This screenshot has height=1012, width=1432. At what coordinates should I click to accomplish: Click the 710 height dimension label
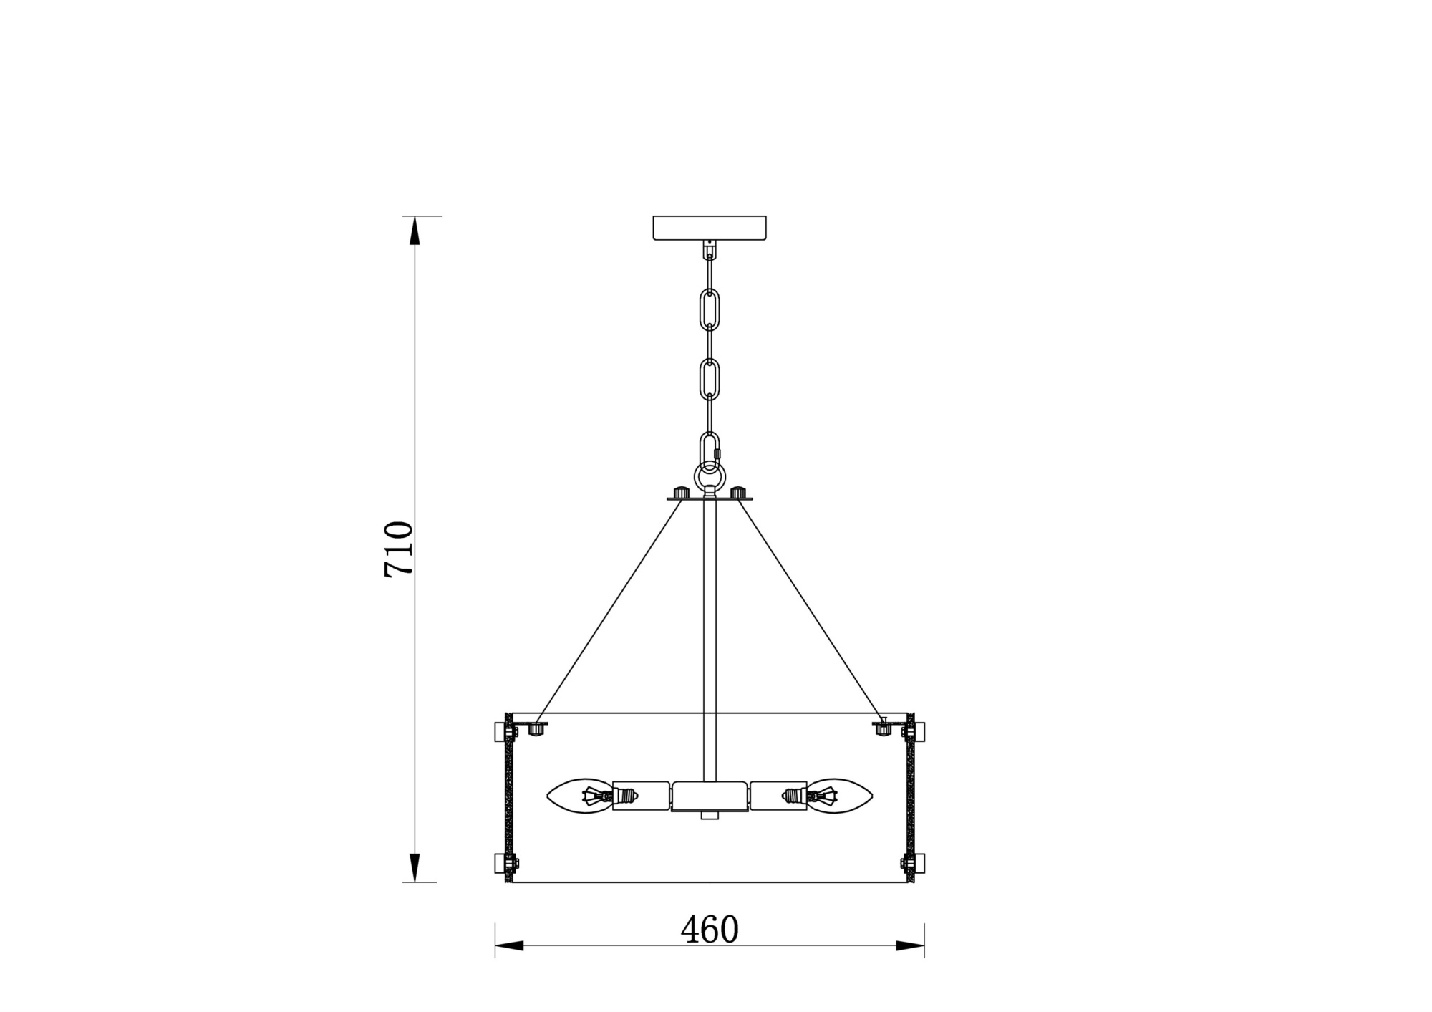(x=399, y=549)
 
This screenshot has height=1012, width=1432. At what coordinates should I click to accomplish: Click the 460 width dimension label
(x=709, y=930)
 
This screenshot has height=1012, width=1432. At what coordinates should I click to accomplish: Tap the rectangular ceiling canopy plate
(x=710, y=227)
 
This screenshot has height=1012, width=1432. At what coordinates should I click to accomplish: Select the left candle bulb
(x=580, y=796)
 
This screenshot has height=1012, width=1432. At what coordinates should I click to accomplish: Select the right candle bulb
(x=839, y=796)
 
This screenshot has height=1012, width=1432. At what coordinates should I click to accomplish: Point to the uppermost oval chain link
(x=710, y=309)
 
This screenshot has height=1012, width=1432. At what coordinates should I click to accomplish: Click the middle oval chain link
(x=710, y=380)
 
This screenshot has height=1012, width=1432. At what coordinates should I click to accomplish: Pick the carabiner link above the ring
(x=710, y=452)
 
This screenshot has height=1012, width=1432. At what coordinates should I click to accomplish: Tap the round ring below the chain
(x=710, y=475)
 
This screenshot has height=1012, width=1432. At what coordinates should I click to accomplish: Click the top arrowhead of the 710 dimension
(x=415, y=231)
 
